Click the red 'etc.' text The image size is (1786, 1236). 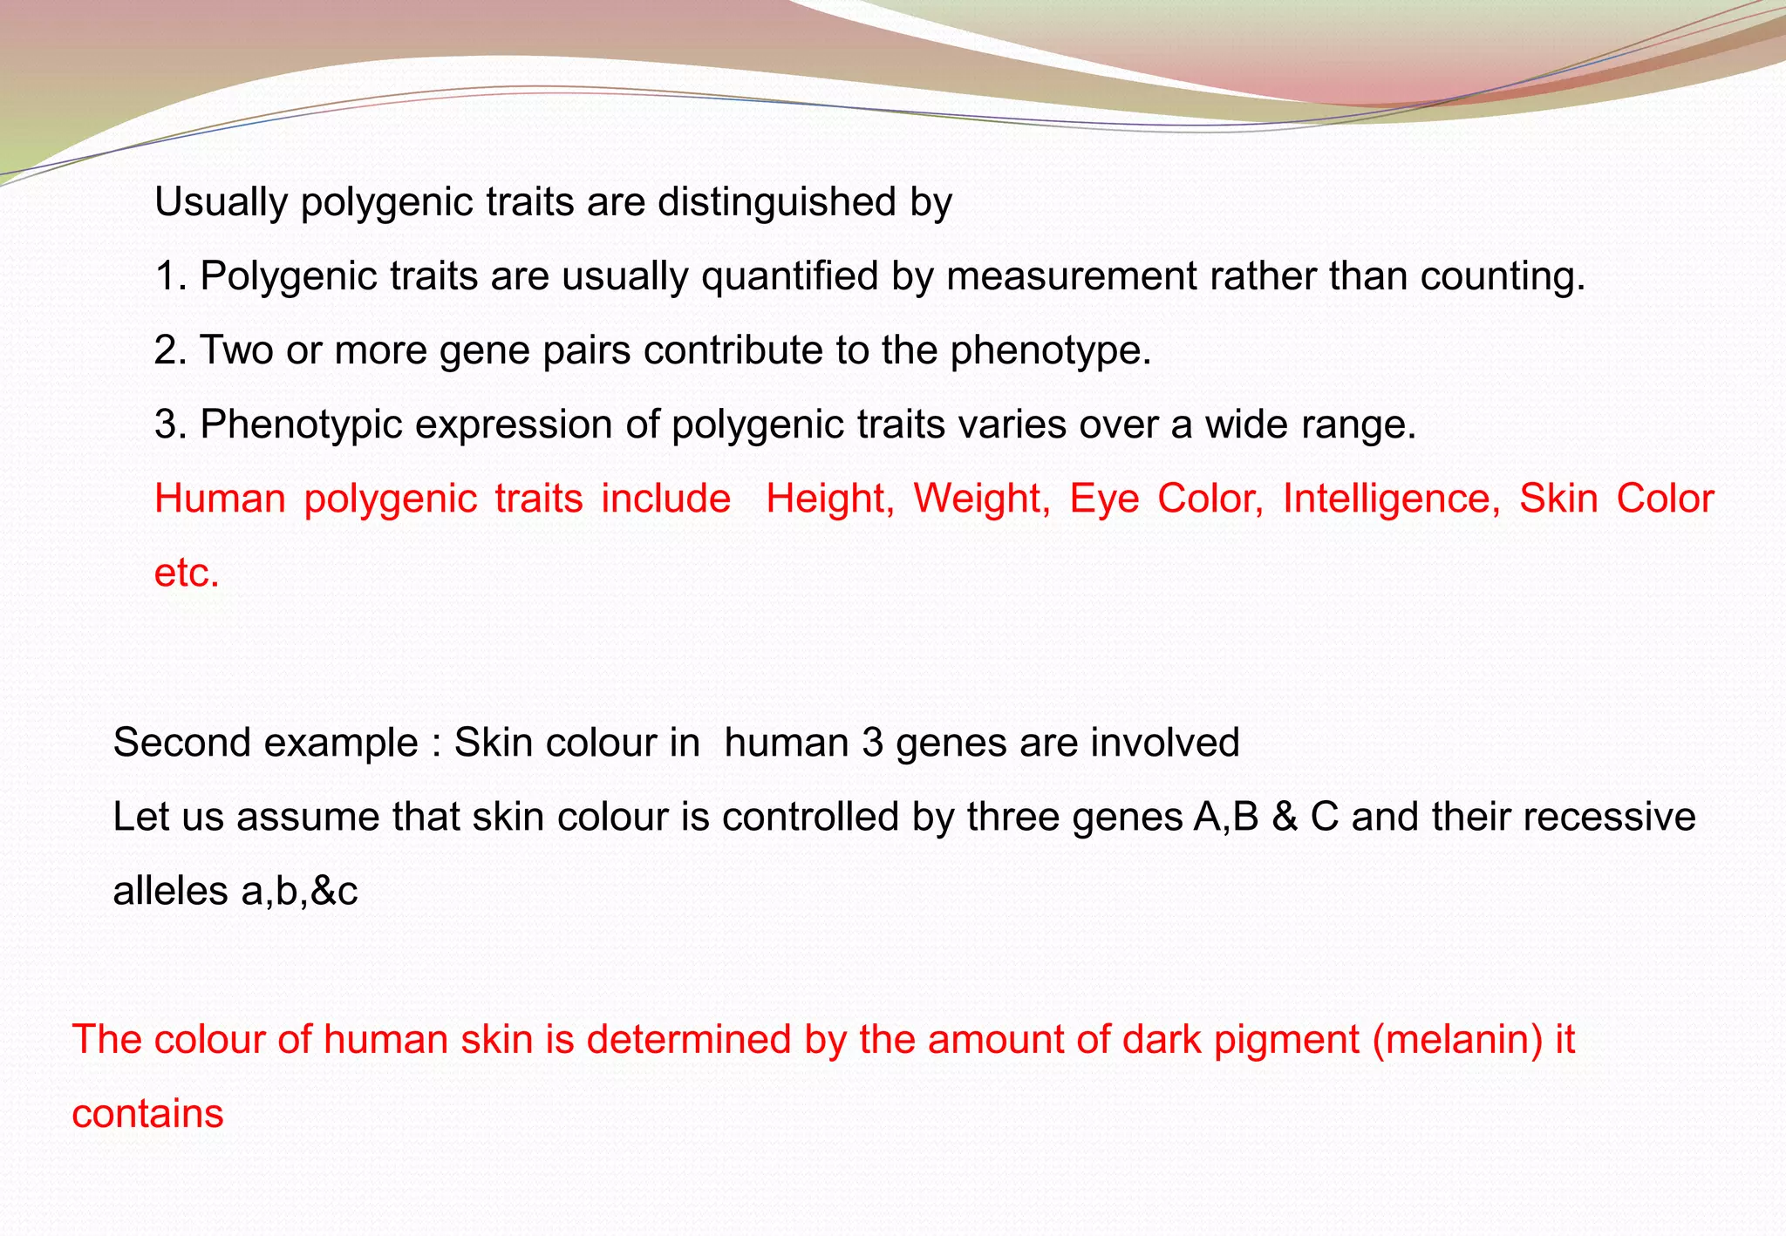(x=186, y=574)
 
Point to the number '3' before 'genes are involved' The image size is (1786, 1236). (x=872, y=743)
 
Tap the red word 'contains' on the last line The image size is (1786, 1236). (x=147, y=1114)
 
